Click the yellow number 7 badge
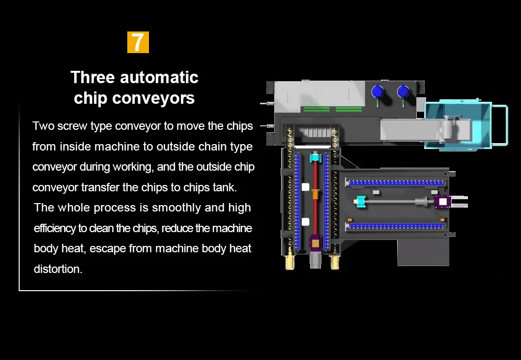point(138,42)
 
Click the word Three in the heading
point(93,77)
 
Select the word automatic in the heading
point(159,77)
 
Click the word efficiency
point(55,228)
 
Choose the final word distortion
point(58,269)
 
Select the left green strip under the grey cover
point(317,109)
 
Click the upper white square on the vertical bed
point(305,187)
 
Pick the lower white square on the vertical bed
point(305,222)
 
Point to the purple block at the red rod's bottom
point(316,243)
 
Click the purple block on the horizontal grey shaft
point(442,202)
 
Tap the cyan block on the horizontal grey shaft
point(360,202)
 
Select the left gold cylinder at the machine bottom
point(289,261)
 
